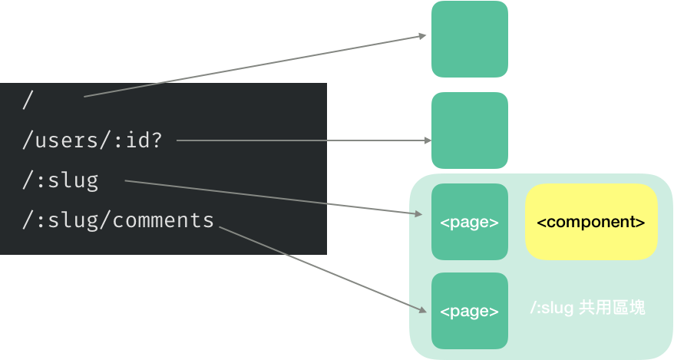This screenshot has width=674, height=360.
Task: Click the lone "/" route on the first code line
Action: coord(28,100)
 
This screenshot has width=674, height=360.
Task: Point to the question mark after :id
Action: coord(157,140)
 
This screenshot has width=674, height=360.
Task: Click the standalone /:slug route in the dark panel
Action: coord(61,181)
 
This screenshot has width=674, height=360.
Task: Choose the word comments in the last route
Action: coord(163,221)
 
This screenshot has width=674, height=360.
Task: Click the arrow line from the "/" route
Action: coord(253,66)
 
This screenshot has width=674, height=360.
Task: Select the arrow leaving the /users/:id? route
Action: coord(299,140)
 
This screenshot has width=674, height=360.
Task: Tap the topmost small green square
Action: coord(470,39)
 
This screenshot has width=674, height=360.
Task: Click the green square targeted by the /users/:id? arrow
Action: coord(470,130)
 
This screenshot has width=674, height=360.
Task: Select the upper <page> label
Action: coord(470,223)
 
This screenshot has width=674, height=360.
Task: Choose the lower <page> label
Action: coord(470,311)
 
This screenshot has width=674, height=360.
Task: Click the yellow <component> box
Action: coord(591,223)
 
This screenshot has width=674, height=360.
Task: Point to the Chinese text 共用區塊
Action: coord(613,308)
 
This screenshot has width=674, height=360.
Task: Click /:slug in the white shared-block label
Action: coord(551,308)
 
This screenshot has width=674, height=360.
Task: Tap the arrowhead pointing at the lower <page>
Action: coord(423,309)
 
